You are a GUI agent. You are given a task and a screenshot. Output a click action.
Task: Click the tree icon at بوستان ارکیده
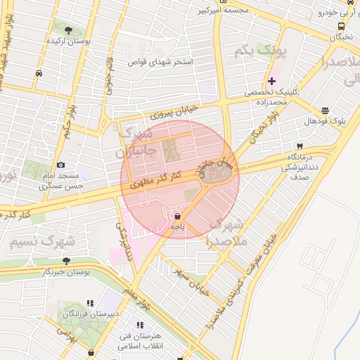click(x=68, y=30)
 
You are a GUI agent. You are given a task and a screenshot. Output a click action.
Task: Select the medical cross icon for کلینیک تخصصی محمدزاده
click(x=271, y=82)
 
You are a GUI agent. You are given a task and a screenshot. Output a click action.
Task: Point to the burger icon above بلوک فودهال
click(x=325, y=110)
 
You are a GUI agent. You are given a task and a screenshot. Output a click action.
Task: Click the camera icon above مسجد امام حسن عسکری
click(x=60, y=164)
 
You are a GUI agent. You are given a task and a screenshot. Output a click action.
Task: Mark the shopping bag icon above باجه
click(x=176, y=216)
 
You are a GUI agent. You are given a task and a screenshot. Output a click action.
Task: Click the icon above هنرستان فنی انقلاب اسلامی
click(x=140, y=325)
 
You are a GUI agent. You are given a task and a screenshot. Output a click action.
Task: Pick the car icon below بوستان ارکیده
click(x=39, y=72)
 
